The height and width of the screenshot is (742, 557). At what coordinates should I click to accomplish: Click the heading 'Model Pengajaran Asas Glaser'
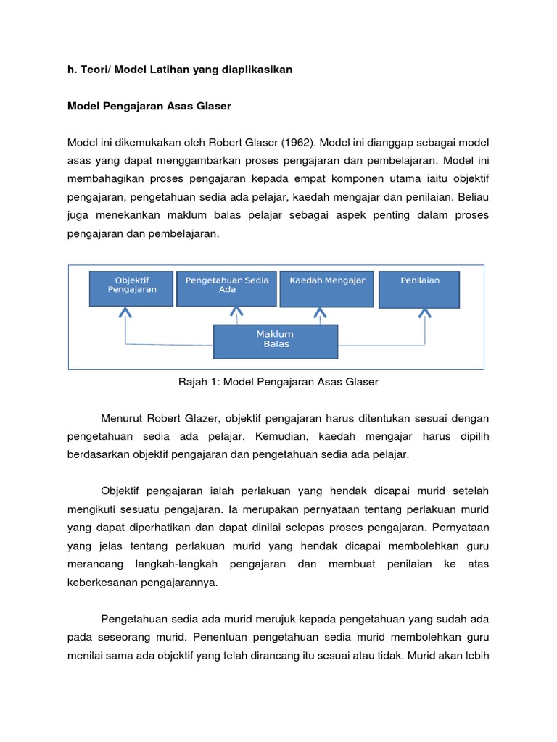149,107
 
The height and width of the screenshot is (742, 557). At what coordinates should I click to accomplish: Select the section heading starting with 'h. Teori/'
179,69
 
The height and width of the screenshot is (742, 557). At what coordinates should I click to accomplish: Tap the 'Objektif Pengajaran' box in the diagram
131,288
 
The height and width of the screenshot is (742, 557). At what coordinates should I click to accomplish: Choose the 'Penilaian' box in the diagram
419,288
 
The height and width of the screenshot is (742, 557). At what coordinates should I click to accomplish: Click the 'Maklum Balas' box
275,341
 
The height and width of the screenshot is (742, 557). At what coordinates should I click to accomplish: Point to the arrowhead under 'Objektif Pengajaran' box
125,312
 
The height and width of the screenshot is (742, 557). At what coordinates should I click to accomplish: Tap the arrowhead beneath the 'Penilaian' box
424,312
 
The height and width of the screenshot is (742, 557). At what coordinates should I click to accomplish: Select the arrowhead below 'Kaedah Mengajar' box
320,312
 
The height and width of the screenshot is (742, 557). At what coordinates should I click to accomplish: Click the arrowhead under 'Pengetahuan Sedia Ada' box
236,312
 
